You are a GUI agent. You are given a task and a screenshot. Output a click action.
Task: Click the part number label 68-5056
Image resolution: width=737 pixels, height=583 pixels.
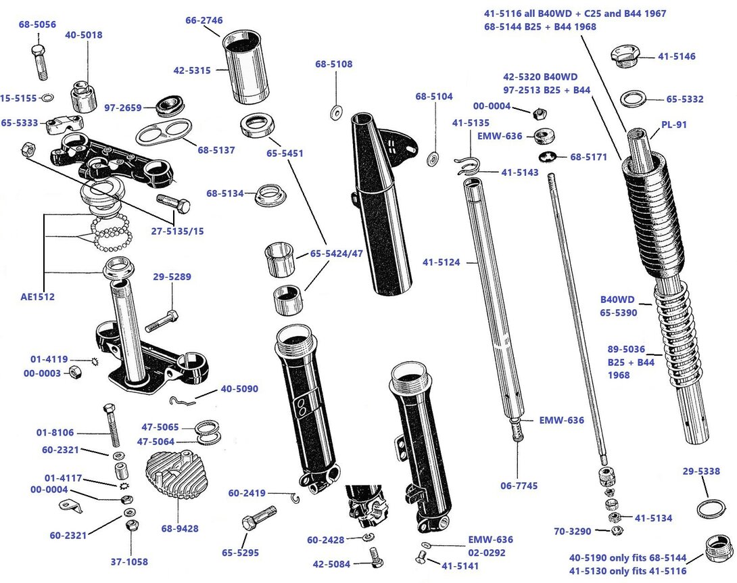[x=38, y=25]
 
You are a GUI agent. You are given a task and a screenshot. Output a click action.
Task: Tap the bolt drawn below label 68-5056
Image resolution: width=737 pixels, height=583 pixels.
[x=39, y=63]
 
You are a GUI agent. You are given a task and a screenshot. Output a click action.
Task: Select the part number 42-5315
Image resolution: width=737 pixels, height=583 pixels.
[x=192, y=70]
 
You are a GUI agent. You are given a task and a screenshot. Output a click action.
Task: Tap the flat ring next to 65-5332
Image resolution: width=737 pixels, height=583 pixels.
[x=634, y=99]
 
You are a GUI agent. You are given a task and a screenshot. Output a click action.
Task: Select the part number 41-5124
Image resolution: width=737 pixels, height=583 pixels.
[x=442, y=261]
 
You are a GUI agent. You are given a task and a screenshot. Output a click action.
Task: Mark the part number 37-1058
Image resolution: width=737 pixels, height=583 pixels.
[x=129, y=561]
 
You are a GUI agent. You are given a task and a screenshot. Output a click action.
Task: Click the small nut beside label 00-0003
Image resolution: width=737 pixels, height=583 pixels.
[x=76, y=373]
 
